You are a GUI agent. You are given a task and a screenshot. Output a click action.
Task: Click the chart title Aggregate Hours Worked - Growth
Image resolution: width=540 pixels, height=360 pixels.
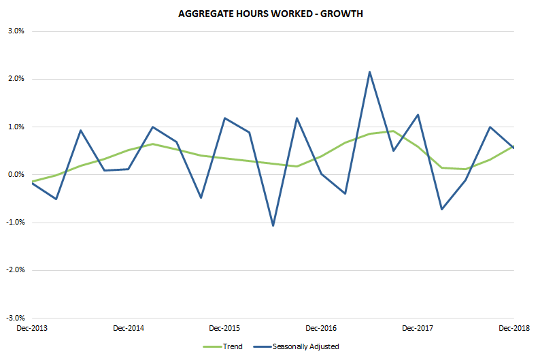click(271, 14)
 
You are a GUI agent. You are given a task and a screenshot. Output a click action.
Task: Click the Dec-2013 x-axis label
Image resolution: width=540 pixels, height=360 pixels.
click(32, 328)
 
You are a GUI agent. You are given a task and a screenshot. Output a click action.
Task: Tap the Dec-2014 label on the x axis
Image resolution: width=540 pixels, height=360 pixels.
click(129, 328)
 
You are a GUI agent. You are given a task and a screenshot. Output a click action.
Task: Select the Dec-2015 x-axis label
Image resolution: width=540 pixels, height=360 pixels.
click(224, 328)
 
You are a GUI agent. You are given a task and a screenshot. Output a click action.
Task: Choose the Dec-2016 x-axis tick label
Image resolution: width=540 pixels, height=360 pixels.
click(321, 328)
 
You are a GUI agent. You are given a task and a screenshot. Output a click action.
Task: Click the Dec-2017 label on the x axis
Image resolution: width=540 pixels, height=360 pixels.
click(418, 328)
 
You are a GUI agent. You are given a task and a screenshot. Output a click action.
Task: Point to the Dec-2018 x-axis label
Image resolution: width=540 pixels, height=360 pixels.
click(513, 328)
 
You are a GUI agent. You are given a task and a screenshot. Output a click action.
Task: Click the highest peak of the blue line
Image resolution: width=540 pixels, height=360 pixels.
click(369, 71)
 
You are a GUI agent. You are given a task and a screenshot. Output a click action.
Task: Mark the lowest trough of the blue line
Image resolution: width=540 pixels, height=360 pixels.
click(273, 225)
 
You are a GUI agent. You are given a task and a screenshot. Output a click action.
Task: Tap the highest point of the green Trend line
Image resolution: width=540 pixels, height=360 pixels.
click(393, 131)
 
